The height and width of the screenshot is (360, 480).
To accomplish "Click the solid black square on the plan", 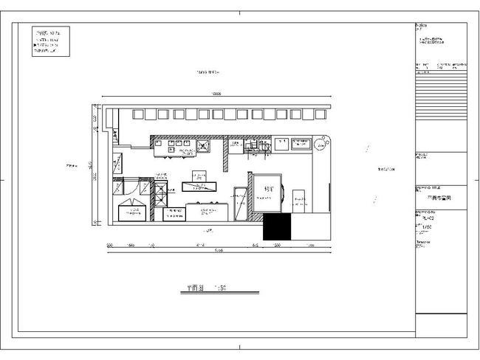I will pyautogui.click(x=277, y=227).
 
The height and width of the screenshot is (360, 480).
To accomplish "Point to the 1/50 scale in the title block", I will pyautogui.click(x=426, y=229).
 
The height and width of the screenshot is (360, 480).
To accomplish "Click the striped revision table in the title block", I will pyautogui.click(x=441, y=103).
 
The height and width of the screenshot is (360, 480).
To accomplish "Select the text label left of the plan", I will pyautogui.click(x=72, y=165).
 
